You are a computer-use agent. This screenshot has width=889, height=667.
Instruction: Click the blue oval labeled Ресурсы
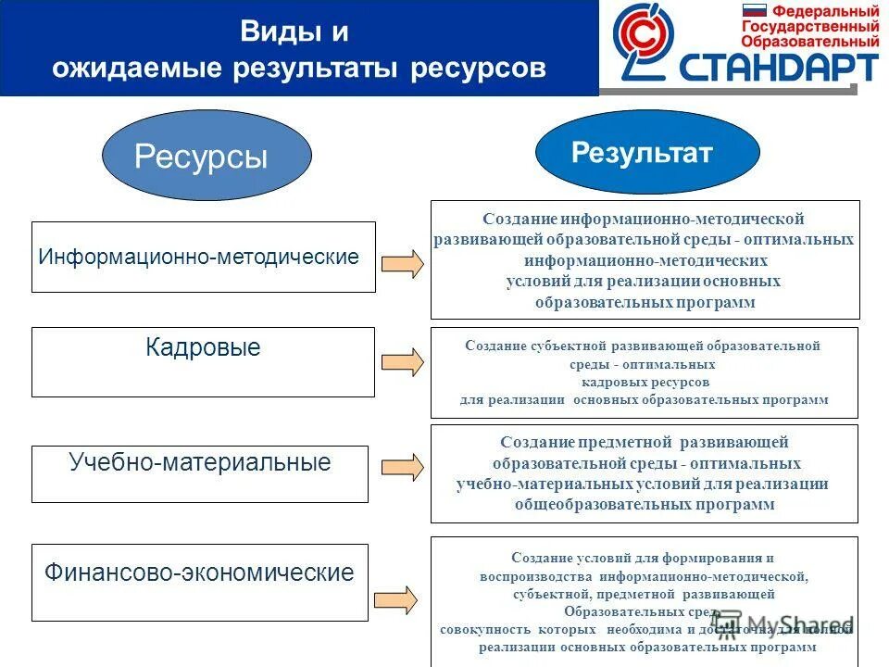(207, 156)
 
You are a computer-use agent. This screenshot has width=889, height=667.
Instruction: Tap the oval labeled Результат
(647, 153)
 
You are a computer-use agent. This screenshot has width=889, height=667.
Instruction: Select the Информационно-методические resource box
(203, 257)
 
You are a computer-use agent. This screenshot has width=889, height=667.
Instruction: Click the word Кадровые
(203, 348)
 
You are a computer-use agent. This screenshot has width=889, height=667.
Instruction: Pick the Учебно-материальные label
(200, 462)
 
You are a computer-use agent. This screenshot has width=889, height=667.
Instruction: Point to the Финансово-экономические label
(199, 573)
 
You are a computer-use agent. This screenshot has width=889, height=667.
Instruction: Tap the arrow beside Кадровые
(403, 361)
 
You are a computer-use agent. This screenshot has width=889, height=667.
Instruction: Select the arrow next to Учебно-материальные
(403, 467)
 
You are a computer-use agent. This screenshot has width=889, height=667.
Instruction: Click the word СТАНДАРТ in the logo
(779, 68)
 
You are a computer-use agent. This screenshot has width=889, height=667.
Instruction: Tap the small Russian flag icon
(755, 12)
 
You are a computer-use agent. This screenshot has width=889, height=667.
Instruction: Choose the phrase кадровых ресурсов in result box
(645, 382)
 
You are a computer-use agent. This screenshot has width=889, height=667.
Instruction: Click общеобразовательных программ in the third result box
(645, 505)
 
